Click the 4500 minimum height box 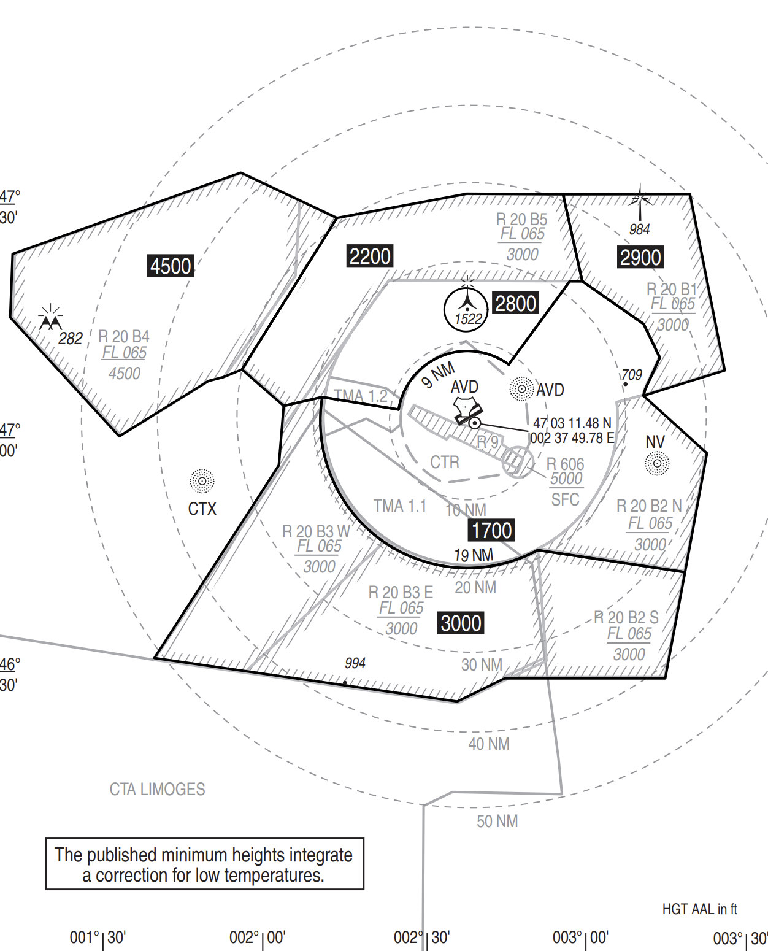(x=171, y=266)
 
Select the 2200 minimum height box (x=369, y=256)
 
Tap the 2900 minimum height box (x=640, y=257)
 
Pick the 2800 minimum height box (x=515, y=303)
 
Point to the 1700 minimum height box (x=491, y=530)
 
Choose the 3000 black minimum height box (x=461, y=623)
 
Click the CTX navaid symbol (x=202, y=481)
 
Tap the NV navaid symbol (x=657, y=463)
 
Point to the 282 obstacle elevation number (x=70, y=339)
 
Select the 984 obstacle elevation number (x=639, y=229)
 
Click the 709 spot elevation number (x=631, y=375)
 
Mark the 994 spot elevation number (x=355, y=663)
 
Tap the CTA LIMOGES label (x=157, y=789)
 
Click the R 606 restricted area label (x=565, y=464)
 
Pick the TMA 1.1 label (x=400, y=506)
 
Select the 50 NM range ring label (x=497, y=821)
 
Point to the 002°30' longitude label (x=421, y=937)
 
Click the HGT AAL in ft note (x=699, y=909)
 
